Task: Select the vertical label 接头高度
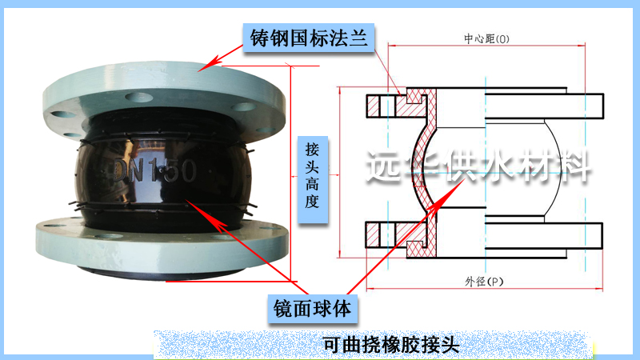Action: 312,174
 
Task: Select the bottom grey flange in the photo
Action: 160,240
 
